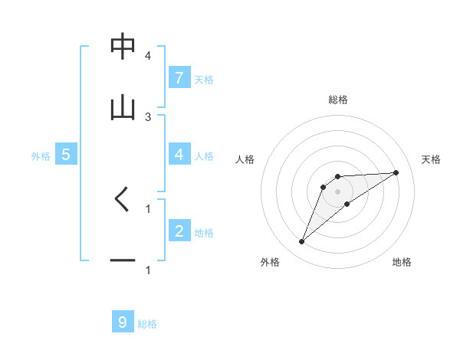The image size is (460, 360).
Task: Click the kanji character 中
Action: coord(123,47)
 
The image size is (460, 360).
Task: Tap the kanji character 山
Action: coord(123,108)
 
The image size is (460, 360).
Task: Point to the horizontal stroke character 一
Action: coord(123,260)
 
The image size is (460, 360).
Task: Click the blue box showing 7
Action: coord(179,77)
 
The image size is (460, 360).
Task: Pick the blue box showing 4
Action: coord(179,154)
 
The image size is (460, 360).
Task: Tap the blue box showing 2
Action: coord(179,231)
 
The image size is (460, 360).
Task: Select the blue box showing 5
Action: coord(66,154)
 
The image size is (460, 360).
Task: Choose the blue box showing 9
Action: coord(123,322)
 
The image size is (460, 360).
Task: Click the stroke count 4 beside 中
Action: coord(148,56)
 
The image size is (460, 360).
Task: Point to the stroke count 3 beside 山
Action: coord(148,116)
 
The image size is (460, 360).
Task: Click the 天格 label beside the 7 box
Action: coord(204,79)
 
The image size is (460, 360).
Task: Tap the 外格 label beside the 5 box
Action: coord(41,155)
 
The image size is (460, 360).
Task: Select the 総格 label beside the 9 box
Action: coord(147,324)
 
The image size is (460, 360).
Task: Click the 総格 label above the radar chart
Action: coord(338,100)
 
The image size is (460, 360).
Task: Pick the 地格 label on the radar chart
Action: coord(402,263)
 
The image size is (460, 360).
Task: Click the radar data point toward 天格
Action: coord(396,172)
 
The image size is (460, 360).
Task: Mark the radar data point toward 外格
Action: coord(301,242)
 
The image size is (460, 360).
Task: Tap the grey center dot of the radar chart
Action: coord(338,191)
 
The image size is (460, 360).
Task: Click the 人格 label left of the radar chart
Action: coord(246,159)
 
